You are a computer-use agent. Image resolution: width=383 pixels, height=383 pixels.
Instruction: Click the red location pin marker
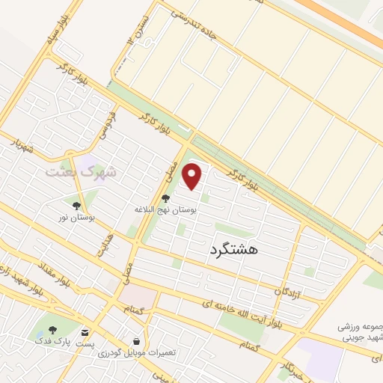click(193, 177)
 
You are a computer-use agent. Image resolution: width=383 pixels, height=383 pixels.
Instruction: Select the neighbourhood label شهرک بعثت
click(81, 171)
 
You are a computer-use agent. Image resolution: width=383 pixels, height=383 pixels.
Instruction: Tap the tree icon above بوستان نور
click(76, 204)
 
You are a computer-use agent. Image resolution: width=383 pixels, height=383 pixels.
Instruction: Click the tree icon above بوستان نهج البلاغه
click(165, 199)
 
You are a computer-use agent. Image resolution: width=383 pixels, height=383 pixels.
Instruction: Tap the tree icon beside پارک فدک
click(52, 331)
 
